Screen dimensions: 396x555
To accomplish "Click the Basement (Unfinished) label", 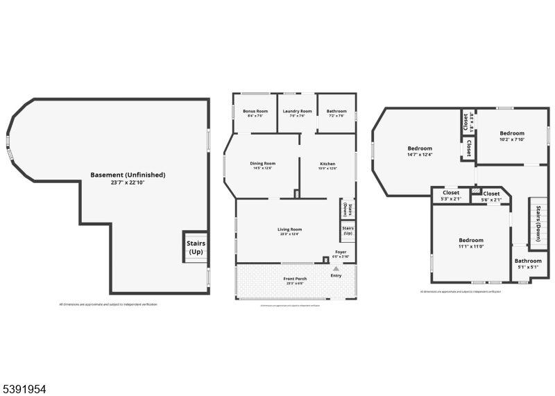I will pyautogui.click(x=128, y=175).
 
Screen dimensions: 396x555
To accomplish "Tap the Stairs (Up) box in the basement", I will pyautogui.click(x=195, y=248).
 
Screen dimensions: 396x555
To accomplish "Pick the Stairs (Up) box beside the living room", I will pyautogui.click(x=348, y=231).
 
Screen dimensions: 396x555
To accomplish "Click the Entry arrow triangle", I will pyautogui.click(x=336, y=268).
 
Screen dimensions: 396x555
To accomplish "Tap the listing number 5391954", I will pyautogui.click(x=24, y=389).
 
